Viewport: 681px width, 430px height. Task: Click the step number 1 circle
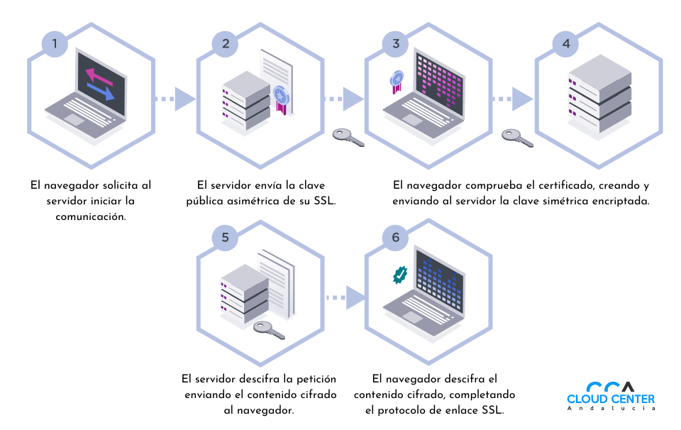(55, 43)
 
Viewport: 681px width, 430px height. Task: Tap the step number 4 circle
(565, 43)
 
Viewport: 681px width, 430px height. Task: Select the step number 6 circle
(395, 237)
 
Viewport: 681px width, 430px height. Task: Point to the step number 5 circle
(225, 237)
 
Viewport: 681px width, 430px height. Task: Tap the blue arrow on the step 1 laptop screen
(101, 91)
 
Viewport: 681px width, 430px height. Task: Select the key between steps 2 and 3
(348, 137)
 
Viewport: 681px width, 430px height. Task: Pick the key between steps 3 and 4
(517, 137)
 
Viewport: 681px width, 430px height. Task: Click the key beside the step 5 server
(269, 329)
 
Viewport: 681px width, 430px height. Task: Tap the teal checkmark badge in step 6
(401, 275)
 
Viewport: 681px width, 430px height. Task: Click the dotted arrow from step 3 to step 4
(513, 99)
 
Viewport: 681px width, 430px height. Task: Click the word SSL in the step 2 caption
(324, 201)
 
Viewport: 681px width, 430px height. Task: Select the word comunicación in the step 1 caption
(91, 216)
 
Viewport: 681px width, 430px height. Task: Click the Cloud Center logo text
(611, 399)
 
